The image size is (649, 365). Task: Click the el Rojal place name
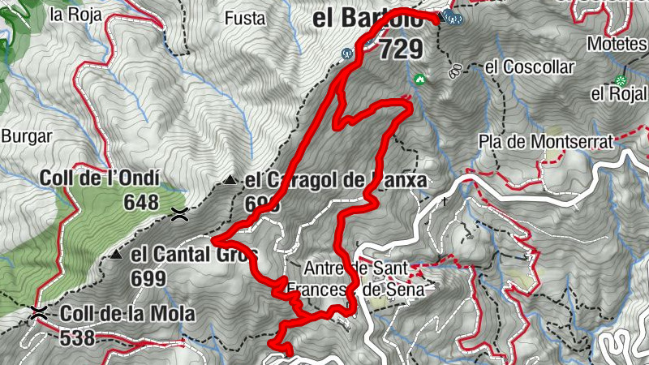click(617, 94)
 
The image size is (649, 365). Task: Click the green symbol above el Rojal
click(621, 79)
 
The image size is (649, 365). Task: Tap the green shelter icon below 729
click(419, 79)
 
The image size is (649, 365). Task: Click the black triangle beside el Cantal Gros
click(118, 255)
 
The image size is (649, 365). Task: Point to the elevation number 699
click(148, 279)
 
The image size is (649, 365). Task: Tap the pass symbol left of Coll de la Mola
click(37, 313)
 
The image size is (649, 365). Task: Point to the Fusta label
click(243, 17)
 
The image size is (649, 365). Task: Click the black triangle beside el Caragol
click(231, 180)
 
